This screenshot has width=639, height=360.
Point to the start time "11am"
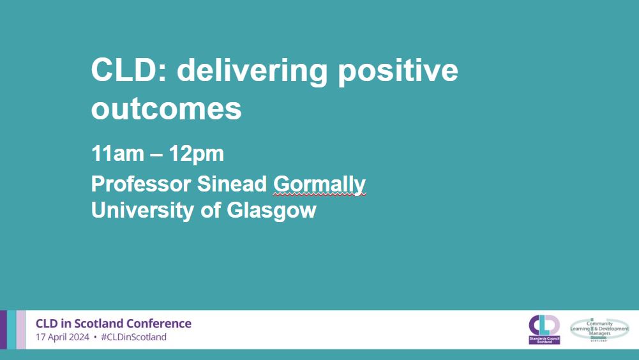click(118, 154)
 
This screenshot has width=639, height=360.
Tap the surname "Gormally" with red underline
click(319, 184)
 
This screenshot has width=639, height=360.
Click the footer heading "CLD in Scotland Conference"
click(114, 323)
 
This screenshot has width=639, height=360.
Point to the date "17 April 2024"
click(62, 337)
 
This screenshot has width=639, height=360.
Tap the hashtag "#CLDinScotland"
click(133, 337)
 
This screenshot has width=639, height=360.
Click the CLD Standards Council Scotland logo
click(544, 329)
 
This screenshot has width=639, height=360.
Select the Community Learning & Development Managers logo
click(599, 329)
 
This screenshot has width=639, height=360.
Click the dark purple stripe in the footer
click(3, 329)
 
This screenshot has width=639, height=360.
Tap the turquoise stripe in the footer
click(11, 329)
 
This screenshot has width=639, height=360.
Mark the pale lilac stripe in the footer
click(21, 329)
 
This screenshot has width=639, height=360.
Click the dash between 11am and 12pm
click(160, 154)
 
